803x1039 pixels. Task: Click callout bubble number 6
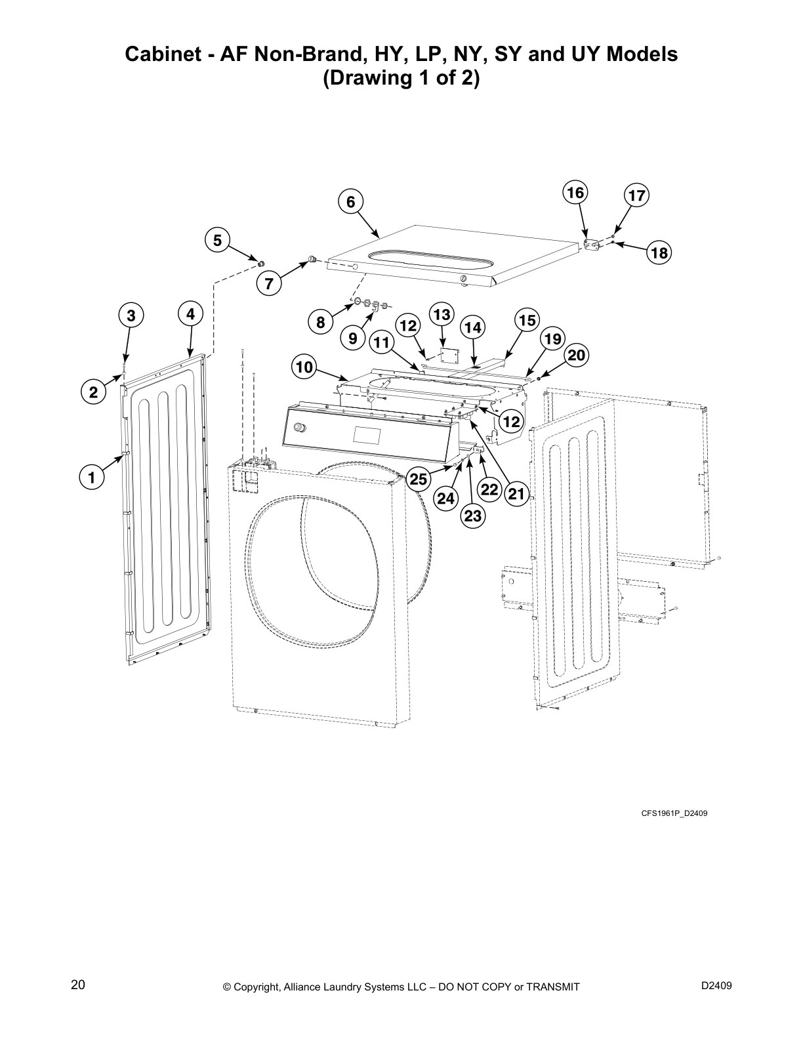point(350,202)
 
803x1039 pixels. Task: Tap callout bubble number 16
point(575,193)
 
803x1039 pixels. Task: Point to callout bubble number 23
point(473,516)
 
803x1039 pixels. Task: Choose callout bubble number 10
point(304,367)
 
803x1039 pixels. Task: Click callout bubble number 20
point(576,356)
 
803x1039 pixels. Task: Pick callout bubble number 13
point(442,315)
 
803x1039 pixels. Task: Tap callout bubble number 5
point(217,241)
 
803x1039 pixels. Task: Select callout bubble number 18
point(659,253)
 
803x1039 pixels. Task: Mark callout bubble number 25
point(419,479)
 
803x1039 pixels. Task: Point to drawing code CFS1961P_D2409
point(674,813)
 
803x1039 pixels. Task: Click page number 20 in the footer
point(77,985)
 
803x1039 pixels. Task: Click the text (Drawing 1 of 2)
point(401,79)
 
